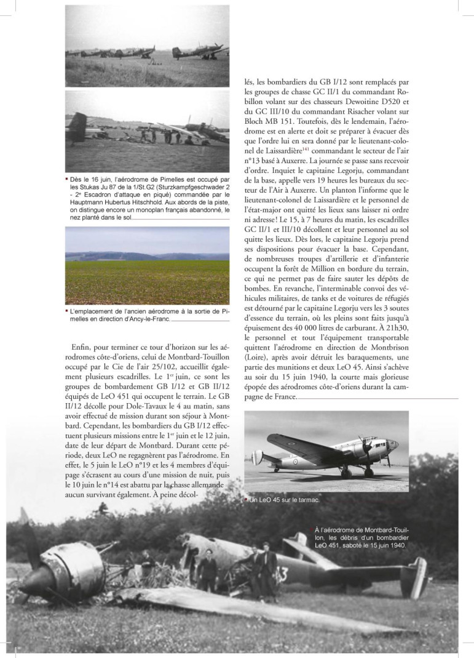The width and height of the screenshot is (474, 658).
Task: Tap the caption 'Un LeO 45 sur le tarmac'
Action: pyautogui.click(x=283, y=500)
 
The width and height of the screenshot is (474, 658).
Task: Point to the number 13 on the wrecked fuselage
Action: pyautogui.click(x=282, y=576)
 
